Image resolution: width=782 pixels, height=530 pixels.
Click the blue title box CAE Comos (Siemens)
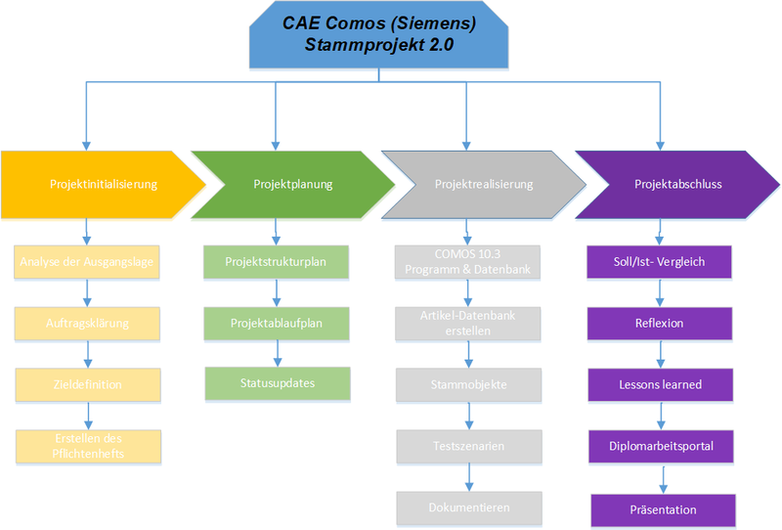[x=380, y=32]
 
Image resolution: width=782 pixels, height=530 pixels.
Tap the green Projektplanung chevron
[x=290, y=184]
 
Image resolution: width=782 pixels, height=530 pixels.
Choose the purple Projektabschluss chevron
[x=674, y=184]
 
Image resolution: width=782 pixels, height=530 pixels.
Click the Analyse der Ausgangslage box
[x=88, y=262]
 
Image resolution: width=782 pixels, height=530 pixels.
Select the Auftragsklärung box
[x=88, y=323]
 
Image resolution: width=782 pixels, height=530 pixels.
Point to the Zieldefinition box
[x=88, y=384]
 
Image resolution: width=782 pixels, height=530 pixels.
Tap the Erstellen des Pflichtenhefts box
[x=88, y=446]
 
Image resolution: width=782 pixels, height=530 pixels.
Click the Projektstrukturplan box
[x=277, y=262]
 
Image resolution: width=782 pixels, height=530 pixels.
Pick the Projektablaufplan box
[x=277, y=323]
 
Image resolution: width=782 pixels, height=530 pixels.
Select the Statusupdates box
[x=277, y=383]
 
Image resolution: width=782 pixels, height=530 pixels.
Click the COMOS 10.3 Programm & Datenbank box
[x=468, y=262]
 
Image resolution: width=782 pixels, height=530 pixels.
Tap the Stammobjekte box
[x=468, y=384]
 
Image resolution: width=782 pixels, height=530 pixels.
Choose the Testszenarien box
[x=468, y=446]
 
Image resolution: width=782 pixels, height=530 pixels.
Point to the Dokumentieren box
[x=468, y=508]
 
